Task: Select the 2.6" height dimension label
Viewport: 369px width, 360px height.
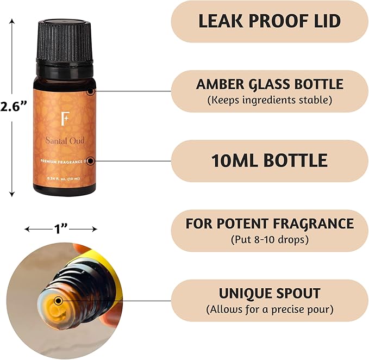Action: tap(14, 107)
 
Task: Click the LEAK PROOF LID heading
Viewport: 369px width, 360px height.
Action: tap(270, 21)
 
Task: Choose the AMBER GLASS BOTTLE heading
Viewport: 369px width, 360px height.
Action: tap(270, 84)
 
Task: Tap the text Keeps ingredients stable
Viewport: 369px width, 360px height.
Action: tap(270, 100)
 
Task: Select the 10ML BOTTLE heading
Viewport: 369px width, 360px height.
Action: tap(270, 160)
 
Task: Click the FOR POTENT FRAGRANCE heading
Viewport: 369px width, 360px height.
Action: tap(270, 224)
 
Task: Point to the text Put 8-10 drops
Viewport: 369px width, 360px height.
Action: tap(270, 239)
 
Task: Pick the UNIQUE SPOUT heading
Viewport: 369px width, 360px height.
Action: tap(270, 293)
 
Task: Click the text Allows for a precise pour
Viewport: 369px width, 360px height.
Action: tap(270, 309)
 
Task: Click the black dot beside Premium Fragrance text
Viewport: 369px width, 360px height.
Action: tap(90, 160)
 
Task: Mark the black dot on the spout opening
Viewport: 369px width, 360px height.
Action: tap(58, 300)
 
